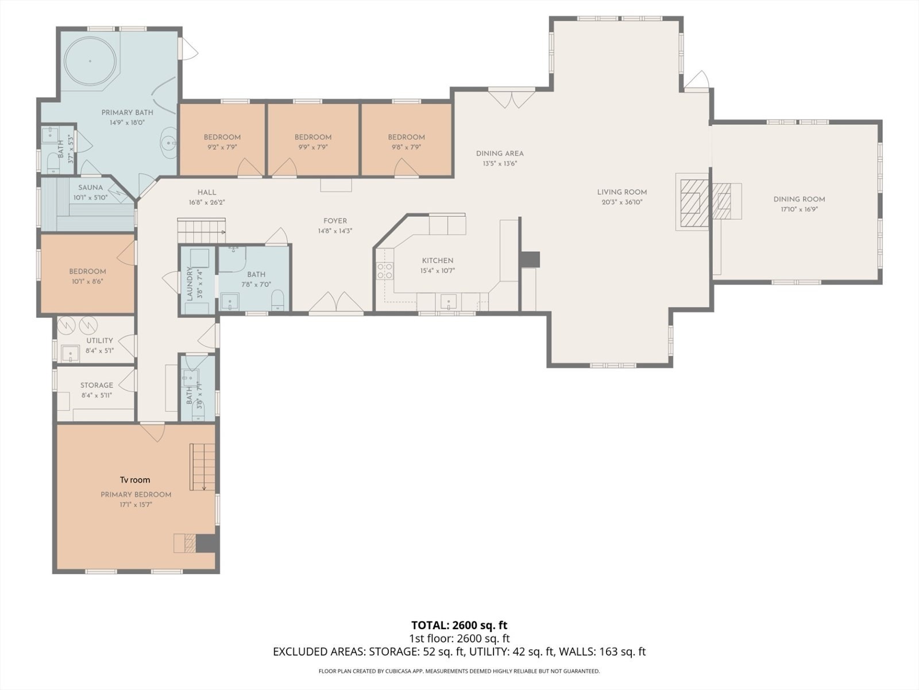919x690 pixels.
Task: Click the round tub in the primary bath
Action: pyautogui.click(x=90, y=61)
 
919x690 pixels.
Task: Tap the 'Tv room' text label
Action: pyautogui.click(x=135, y=480)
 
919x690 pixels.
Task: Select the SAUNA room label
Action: pyautogui.click(x=90, y=187)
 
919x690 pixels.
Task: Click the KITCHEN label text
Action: pyautogui.click(x=438, y=260)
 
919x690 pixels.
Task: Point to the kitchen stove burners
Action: pyautogui.click(x=385, y=271)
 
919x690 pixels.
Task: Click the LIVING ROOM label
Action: pyautogui.click(x=622, y=192)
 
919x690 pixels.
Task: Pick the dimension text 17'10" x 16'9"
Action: pyautogui.click(x=800, y=209)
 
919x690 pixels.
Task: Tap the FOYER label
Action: pyautogui.click(x=335, y=221)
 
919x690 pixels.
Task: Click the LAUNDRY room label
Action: pyautogui.click(x=189, y=283)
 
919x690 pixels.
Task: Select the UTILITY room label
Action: pyautogui.click(x=99, y=340)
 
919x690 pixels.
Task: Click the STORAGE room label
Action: pyautogui.click(x=96, y=385)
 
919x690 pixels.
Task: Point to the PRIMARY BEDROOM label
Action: pyautogui.click(x=136, y=494)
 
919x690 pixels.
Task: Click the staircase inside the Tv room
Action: pyautogui.click(x=203, y=467)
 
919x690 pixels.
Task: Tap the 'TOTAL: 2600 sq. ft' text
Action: pyautogui.click(x=459, y=626)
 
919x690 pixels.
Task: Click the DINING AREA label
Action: pyautogui.click(x=500, y=154)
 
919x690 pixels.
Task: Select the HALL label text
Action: pyautogui.click(x=207, y=192)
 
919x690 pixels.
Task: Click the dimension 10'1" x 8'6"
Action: pyautogui.click(x=87, y=282)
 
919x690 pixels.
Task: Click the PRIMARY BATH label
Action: pyautogui.click(x=128, y=113)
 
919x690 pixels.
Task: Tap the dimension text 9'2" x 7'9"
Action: pyautogui.click(x=222, y=147)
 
